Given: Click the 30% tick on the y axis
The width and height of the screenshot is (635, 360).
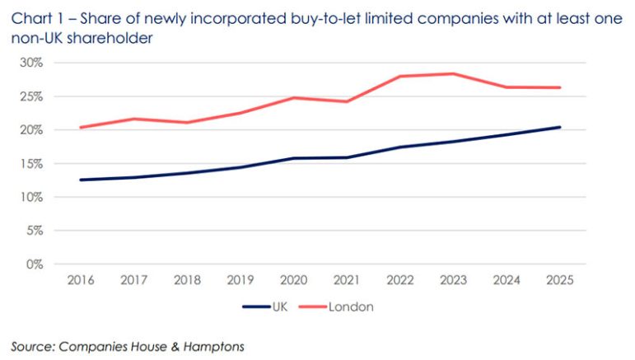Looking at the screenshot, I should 31,63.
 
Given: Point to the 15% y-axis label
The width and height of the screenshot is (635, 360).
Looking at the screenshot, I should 31,164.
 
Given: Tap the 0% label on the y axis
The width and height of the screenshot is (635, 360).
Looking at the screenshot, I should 34,264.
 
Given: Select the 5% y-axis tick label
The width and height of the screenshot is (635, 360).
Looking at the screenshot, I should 34,231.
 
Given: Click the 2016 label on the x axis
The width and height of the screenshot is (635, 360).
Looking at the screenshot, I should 80,280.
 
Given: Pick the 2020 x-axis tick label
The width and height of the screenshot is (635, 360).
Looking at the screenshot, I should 293,280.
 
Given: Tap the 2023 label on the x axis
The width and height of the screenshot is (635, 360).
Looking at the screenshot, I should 454,280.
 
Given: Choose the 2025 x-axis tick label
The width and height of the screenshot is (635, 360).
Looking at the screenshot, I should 560,280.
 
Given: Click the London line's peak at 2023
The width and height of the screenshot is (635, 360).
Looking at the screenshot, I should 454,73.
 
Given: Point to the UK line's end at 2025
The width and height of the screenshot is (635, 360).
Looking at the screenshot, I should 560,127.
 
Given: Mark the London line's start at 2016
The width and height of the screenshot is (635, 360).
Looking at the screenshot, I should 80,127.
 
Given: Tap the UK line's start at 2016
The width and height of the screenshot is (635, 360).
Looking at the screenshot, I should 80,180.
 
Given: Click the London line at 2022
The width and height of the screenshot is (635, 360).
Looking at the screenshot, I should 400,76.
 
